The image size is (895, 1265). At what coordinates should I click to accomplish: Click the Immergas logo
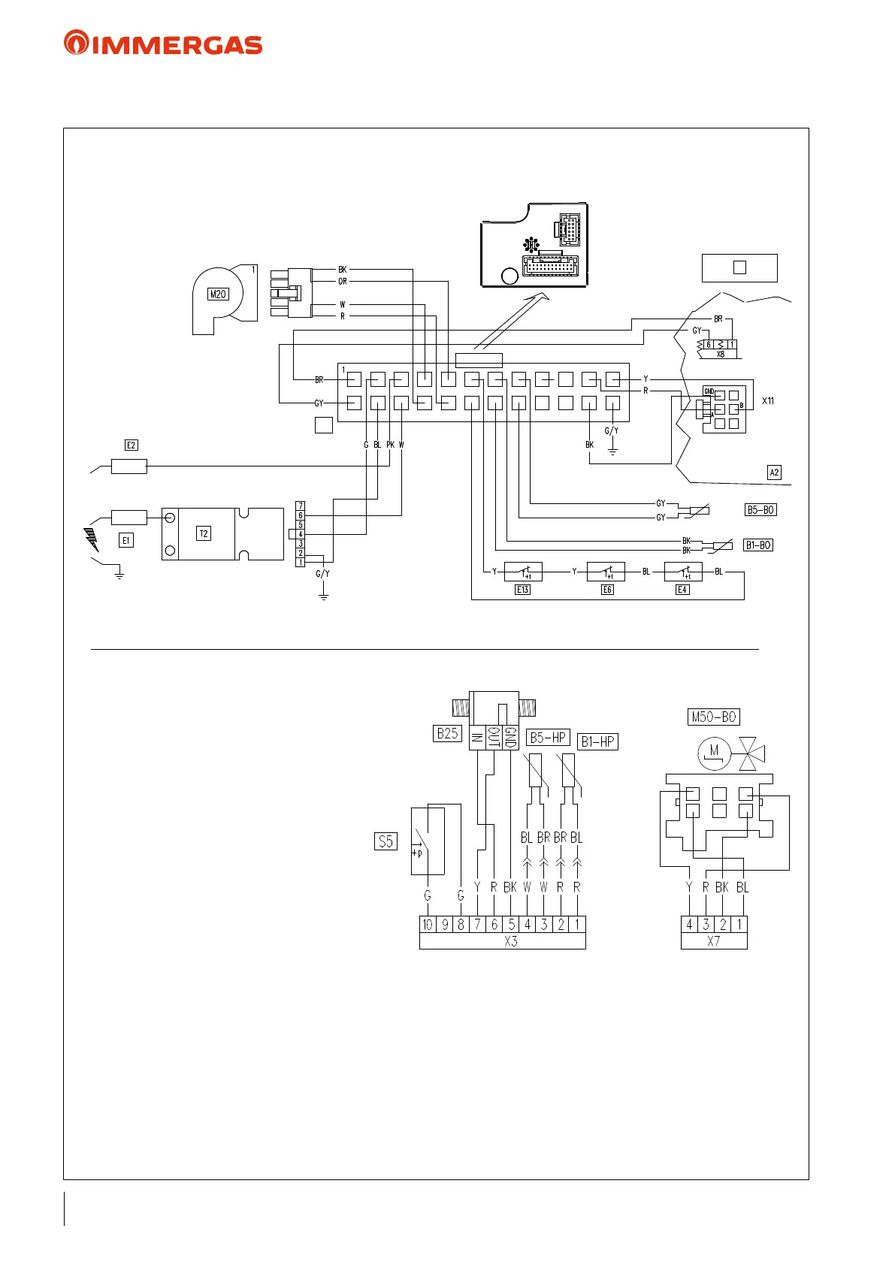coord(163,43)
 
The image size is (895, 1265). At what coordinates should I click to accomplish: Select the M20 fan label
coord(218,294)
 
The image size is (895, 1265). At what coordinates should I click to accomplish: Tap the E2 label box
coord(132,445)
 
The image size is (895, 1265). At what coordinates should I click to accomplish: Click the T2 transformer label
coord(204,533)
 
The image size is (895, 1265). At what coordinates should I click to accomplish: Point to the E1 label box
coord(126,540)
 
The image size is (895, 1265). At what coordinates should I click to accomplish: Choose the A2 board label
coord(774,472)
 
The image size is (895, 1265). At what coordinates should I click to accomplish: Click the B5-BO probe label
coord(760,510)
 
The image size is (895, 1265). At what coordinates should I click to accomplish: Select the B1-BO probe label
coord(758,545)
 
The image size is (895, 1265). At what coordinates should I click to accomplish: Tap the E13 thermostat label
coord(522,590)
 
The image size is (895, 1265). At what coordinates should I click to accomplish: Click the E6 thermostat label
coord(607,590)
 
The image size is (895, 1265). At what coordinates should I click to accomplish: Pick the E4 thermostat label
coord(682,590)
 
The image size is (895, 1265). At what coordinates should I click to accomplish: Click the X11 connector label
coord(768,401)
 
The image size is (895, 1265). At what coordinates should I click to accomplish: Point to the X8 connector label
coord(720,355)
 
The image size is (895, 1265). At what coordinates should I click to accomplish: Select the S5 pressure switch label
coord(386,841)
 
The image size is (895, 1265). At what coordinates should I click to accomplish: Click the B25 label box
coord(447,733)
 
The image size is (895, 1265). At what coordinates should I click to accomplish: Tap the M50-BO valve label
coord(714,717)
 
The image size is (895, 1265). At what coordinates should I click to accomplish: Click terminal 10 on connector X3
coord(428,925)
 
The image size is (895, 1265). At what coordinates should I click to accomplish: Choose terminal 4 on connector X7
coord(689,925)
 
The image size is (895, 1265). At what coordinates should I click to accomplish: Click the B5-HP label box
coord(548,738)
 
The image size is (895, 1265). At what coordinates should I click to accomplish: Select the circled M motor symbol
coord(713,752)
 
